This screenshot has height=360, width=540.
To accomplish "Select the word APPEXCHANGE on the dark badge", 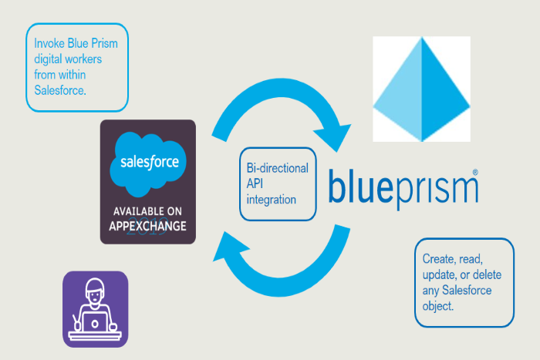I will [149, 225].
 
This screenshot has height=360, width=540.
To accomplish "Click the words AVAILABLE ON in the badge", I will [149, 211].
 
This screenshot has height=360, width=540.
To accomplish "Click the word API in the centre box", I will [256, 184].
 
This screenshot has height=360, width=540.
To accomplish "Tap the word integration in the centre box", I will [271, 200].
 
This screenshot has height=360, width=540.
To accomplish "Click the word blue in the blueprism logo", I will [361, 188].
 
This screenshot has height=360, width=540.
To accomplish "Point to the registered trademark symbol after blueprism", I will [475, 172].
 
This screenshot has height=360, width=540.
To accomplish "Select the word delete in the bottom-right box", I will [487, 274].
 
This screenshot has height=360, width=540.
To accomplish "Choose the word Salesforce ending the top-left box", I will [60, 90].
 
